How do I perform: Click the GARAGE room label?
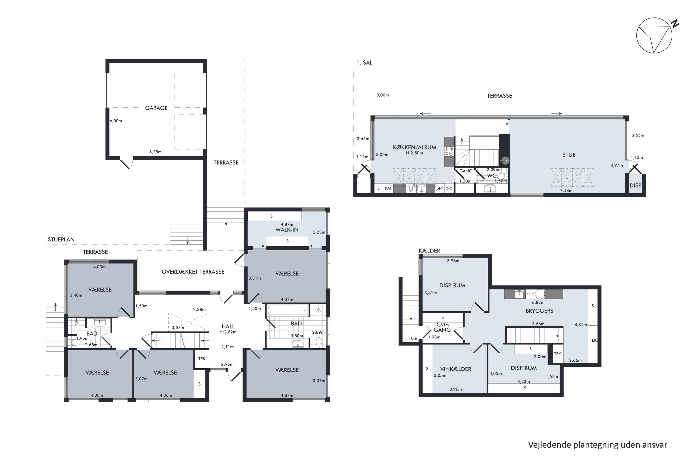point(156,108)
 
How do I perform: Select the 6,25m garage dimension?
point(155,152)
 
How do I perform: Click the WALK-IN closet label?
point(287,230)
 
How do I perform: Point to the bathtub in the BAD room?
point(288,310)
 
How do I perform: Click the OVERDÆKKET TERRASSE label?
point(193,272)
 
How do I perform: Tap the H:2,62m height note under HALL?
point(228,332)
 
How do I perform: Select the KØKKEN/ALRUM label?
point(415,147)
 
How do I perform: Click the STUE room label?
point(569,155)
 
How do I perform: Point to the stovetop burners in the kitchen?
point(449,151)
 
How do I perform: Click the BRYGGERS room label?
point(539,311)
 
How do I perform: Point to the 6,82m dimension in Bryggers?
point(538,302)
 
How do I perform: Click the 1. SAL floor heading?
point(364,63)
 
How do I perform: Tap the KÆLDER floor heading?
point(429,251)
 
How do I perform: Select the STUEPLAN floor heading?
point(61,239)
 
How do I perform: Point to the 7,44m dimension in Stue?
point(566,191)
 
